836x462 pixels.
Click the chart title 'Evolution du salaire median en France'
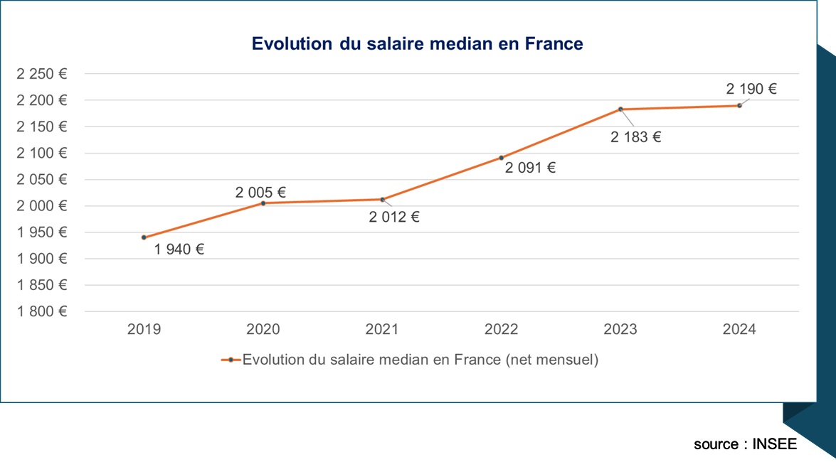pyautogui.click(x=418, y=44)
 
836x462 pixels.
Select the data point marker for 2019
pyautogui.click(x=144, y=237)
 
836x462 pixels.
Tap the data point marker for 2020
pyautogui.click(x=263, y=203)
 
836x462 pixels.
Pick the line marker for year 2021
pyautogui.click(x=382, y=200)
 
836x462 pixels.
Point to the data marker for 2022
pyautogui.click(x=502, y=158)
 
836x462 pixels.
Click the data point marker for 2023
pyautogui.click(x=620, y=109)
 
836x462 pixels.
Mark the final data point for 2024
pyautogui.click(x=739, y=106)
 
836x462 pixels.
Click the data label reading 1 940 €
pyautogui.click(x=179, y=249)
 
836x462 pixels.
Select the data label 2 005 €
pyautogui.click(x=260, y=192)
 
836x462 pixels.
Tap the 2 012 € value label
pyautogui.click(x=394, y=217)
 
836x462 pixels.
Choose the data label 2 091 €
pyautogui.click(x=530, y=168)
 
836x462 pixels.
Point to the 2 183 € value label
pyautogui.click(x=635, y=138)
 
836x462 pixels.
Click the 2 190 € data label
pyautogui.click(x=751, y=90)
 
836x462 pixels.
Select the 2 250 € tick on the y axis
pyautogui.click(x=42, y=74)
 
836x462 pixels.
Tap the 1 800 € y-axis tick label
pyautogui.click(x=42, y=311)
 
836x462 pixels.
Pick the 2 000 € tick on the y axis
pyautogui.click(x=42, y=206)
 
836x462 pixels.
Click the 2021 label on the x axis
pyautogui.click(x=382, y=330)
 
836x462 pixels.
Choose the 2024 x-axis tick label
pyautogui.click(x=739, y=330)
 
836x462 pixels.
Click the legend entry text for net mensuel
pyautogui.click(x=420, y=360)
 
